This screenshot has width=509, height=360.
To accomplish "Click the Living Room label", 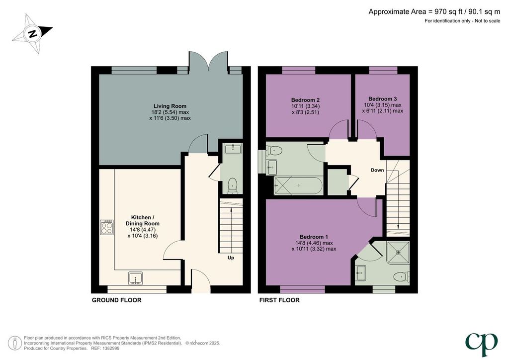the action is pos(170,106).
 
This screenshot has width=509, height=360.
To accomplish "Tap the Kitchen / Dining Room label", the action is pos(143,220).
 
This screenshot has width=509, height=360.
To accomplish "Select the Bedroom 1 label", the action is pos(312,237).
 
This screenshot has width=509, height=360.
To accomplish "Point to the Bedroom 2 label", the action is pos(303,100).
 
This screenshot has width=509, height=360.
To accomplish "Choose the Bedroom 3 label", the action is pos(382,98).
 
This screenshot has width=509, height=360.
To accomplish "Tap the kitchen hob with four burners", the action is pos(107,227).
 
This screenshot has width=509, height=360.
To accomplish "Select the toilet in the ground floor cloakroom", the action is pos(233,185).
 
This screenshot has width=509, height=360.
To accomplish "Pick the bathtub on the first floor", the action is pos(298,185).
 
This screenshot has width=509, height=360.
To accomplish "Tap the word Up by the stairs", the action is pos(231,258).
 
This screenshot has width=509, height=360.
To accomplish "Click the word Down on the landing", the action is pos(377,170).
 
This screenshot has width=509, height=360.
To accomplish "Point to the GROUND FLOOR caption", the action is pos(116,300).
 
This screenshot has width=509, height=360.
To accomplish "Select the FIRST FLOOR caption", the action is pos(279,300).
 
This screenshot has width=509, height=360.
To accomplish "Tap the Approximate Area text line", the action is pos(434,12).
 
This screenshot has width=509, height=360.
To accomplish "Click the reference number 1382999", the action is pos(110,348).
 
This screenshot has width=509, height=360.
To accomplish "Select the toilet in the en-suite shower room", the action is pos(402,277).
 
